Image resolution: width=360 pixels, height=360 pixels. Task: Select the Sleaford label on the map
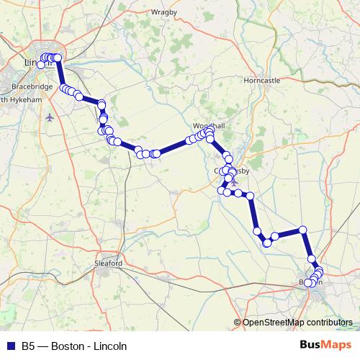click(x=109, y=264)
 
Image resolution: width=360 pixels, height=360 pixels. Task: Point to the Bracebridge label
click(x=32, y=86)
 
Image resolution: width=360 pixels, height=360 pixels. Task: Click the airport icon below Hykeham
click(x=49, y=117)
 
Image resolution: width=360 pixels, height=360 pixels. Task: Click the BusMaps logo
click(x=325, y=346)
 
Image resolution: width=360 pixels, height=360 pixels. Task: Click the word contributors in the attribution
click(x=330, y=322)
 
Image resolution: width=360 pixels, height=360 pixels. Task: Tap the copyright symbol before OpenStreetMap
click(x=238, y=322)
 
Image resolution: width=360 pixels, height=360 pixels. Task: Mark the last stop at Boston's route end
click(x=309, y=283)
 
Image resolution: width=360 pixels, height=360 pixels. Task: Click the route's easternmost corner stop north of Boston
click(x=302, y=230)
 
